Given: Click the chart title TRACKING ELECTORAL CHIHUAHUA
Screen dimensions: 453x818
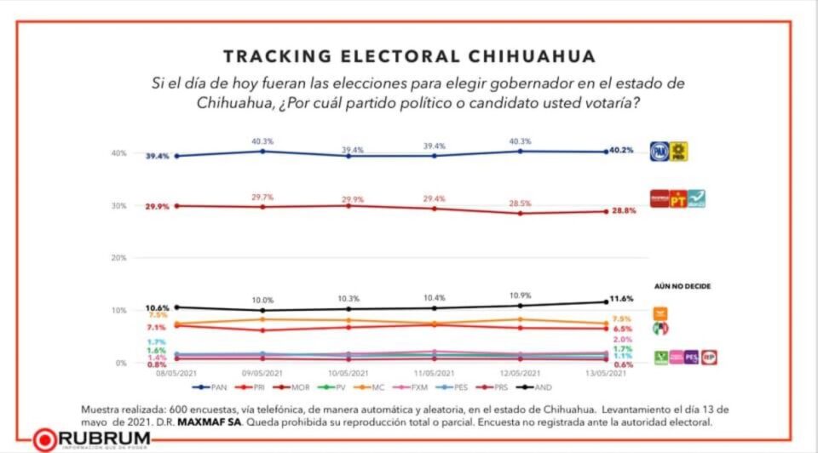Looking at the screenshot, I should [409, 57].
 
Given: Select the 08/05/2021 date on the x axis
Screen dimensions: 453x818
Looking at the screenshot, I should [176, 373].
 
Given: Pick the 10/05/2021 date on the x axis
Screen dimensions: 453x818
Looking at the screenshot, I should [348, 373].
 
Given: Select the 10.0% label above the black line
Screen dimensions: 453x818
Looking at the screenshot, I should [262, 300].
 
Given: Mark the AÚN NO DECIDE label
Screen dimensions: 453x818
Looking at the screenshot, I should [683, 286].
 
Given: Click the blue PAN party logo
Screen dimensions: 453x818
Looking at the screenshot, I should [659, 151].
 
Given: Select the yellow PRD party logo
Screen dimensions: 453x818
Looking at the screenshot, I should [678, 151].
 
